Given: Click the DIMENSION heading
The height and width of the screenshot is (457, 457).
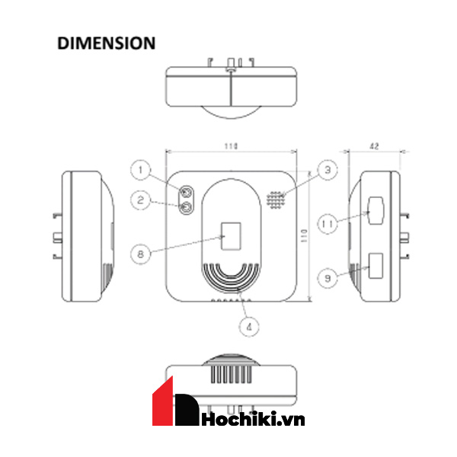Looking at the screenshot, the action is point(106,43).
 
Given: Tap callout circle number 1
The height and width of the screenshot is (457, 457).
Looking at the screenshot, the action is point(140,170).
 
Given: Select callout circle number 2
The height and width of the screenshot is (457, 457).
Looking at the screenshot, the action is point(140,200).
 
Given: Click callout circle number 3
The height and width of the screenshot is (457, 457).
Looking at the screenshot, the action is point(328,170).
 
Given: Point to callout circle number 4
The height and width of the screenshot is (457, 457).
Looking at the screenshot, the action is point(249,327).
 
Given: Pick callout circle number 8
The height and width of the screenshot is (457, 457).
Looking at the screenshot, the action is point(140,254).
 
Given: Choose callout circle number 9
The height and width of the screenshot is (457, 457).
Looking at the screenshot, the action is point(328,278).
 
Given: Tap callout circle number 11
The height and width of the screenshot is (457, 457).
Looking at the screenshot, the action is point(328,224).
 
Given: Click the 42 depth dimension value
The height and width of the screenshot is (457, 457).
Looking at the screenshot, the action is point(374,146).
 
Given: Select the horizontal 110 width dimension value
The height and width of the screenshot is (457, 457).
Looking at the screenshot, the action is point(231,145).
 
